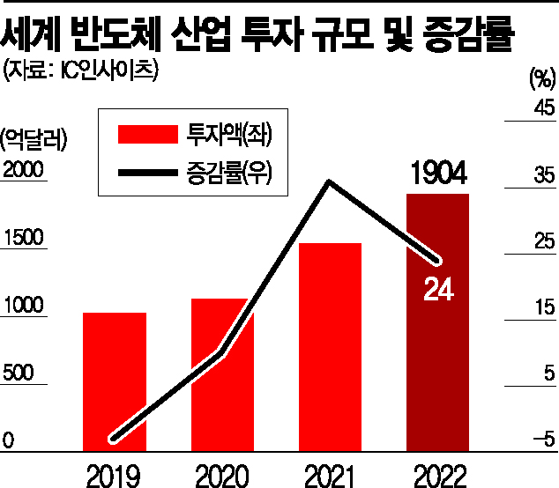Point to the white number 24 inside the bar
click(x=437, y=289)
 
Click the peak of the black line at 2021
click(x=329, y=182)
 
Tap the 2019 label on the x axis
click(x=115, y=474)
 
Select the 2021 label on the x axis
click(x=330, y=474)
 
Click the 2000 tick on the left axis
click(x=23, y=172)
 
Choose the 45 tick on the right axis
click(x=542, y=108)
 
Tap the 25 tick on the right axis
click(x=542, y=241)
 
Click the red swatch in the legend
click(x=146, y=134)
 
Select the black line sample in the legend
click(x=146, y=176)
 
